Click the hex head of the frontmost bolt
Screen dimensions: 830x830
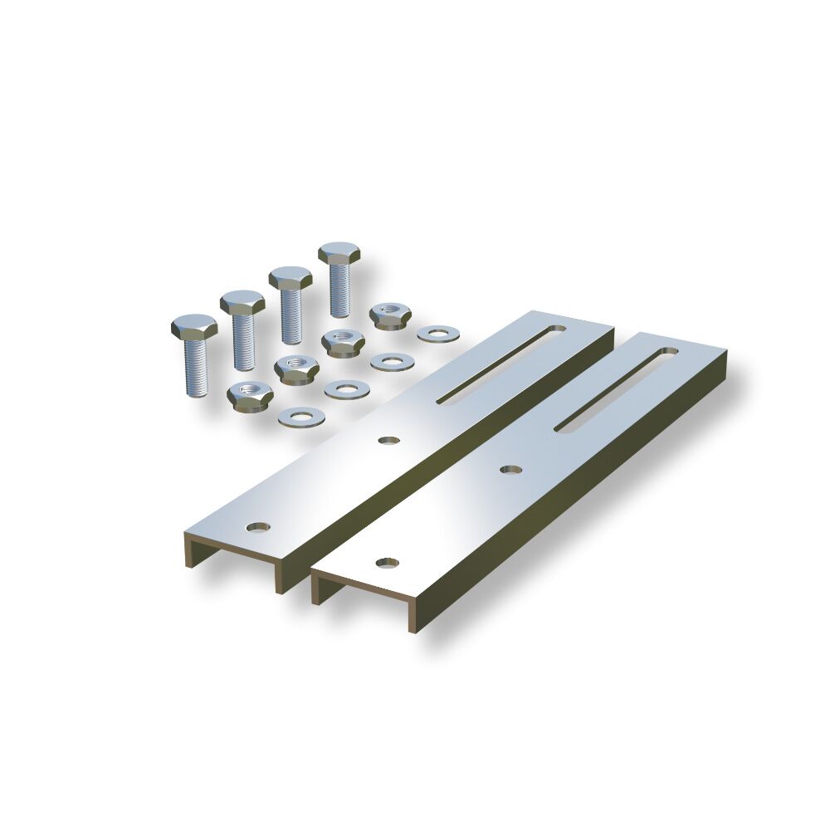pyautogui.click(x=194, y=326)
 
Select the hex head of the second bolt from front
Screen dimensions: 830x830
pyautogui.click(x=242, y=302)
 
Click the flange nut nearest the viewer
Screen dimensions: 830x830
pyautogui.click(x=250, y=396)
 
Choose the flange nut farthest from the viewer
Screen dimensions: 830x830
pyautogui.click(x=388, y=315)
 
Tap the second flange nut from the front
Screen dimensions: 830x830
pyautogui.click(x=296, y=368)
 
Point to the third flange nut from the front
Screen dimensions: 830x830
pyautogui.click(x=342, y=341)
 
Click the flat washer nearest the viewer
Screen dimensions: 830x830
pyautogui.click(x=301, y=417)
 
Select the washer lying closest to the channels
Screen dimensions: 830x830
pyautogui.click(x=438, y=334)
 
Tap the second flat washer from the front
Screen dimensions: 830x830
pyautogui.click(x=346, y=388)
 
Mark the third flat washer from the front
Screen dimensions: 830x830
pyautogui.click(x=393, y=361)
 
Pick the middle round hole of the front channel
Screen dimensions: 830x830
pyautogui.click(x=511, y=470)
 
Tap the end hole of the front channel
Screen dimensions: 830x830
pyautogui.click(x=386, y=563)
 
